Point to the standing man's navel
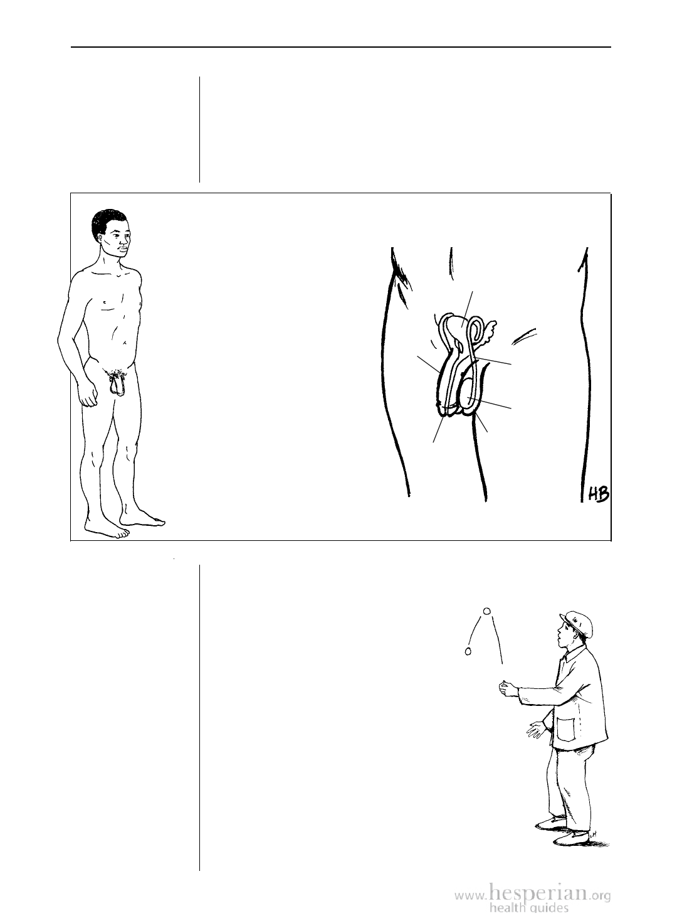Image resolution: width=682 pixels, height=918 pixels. [123, 343]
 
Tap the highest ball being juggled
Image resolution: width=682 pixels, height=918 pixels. [487, 611]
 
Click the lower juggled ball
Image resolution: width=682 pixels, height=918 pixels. [468, 651]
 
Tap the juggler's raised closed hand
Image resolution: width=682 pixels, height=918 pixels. [508, 688]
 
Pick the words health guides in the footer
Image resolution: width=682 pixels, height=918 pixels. [528, 908]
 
